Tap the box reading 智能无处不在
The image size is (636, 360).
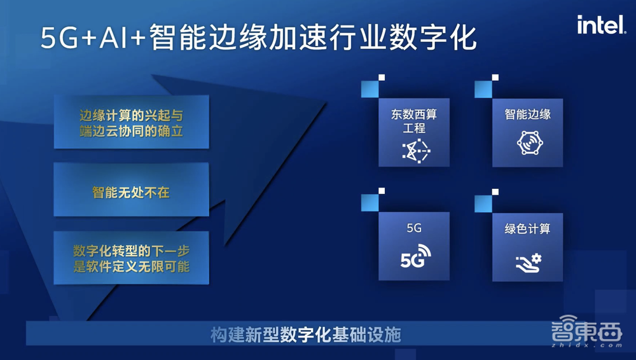pos(131,191)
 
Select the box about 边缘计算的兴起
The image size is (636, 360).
pos(131,123)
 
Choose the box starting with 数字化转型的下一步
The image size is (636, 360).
pos(131,260)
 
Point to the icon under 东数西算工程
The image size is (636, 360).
pos(415,148)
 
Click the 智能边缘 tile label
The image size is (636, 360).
pos(527,114)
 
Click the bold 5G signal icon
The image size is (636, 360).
pos(415,256)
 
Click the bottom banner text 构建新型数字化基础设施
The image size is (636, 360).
pos(305,335)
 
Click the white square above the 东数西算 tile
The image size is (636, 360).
pos(382,78)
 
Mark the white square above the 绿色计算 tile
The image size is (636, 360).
pos(495,191)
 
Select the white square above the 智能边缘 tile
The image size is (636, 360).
pos(495,78)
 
